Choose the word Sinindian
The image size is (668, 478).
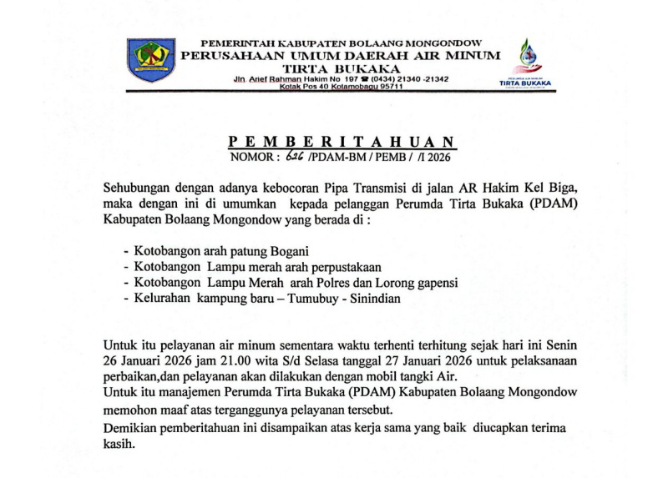pos(369,299)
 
